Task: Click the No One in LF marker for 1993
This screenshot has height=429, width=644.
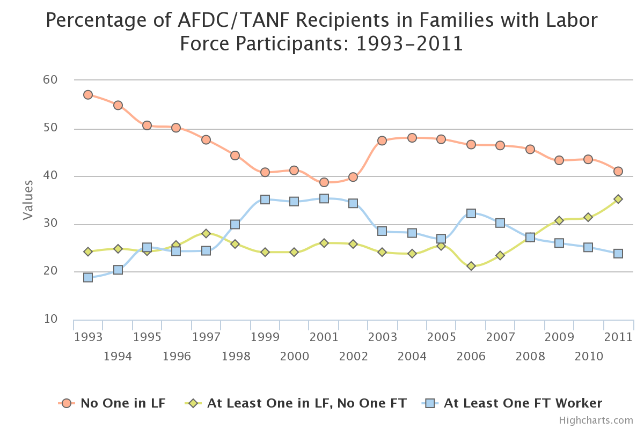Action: (88, 95)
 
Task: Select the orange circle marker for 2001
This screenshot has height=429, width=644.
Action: (324, 182)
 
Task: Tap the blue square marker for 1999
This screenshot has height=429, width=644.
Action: (265, 199)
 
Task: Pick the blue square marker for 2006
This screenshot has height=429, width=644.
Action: (471, 213)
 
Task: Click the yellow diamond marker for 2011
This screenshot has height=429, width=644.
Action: (618, 199)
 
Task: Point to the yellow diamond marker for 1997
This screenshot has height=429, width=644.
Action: (206, 233)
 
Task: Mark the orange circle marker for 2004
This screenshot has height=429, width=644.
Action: (412, 138)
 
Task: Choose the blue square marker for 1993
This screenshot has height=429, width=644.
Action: (88, 277)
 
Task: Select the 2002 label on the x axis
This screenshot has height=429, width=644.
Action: (354, 356)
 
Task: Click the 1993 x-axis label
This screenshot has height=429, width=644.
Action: (89, 337)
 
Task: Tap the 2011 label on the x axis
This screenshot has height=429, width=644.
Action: (618, 337)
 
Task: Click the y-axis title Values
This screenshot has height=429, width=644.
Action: (28, 199)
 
